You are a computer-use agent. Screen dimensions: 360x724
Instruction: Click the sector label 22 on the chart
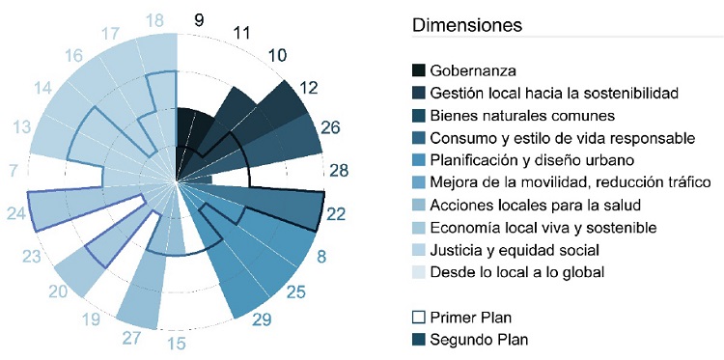pos(337,215)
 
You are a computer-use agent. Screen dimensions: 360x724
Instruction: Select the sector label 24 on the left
pos(15,213)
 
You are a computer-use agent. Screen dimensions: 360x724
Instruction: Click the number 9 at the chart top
pos(198,19)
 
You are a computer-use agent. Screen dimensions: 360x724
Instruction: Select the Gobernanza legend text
pos(473,70)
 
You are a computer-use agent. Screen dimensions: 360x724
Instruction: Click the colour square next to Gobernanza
pos(418,70)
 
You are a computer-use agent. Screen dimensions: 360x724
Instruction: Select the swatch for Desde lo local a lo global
pos(418,272)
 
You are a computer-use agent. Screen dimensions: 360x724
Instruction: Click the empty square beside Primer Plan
pos(418,318)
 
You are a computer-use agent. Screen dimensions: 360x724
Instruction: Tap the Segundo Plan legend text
pos(479,339)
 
